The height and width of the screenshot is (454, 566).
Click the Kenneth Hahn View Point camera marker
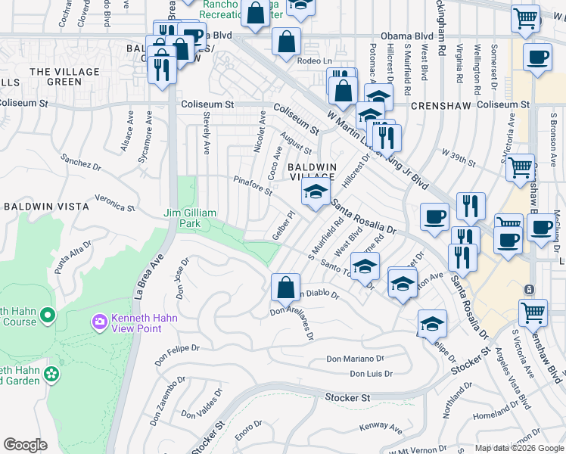[99, 322]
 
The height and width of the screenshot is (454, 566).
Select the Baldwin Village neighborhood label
[311, 172]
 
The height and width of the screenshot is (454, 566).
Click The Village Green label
[54, 76]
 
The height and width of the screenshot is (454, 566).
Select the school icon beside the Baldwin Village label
[316, 191]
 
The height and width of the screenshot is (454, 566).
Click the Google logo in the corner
[25, 445]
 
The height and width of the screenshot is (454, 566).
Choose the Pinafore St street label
[252, 185]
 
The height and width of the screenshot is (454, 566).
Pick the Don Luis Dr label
[371, 374]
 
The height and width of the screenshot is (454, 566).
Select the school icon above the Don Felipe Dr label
[431, 323]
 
